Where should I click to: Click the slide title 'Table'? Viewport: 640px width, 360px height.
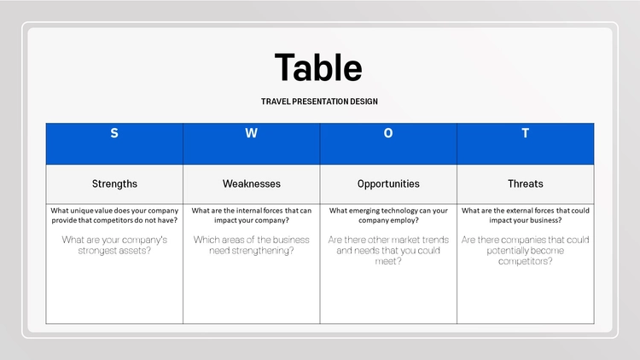click(318, 67)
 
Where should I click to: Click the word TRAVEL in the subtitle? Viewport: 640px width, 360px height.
click(276, 102)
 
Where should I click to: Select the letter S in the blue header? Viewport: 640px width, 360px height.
click(114, 133)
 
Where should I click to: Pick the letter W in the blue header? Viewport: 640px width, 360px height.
click(252, 133)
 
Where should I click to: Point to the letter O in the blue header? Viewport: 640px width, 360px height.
click(388, 133)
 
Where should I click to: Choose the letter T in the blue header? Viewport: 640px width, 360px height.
click(526, 133)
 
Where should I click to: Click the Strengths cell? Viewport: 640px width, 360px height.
click(114, 183)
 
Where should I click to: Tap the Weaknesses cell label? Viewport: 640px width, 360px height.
click(252, 183)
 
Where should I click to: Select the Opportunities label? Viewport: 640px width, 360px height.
click(388, 184)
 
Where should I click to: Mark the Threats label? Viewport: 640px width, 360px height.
click(526, 183)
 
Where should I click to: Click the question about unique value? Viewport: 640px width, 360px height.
click(114, 215)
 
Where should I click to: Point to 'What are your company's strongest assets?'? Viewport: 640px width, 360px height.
click(114, 245)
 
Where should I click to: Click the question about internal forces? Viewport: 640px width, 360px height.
click(252, 215)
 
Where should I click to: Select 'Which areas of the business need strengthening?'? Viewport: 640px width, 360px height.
click(252, 245)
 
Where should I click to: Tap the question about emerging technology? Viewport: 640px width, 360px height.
click(388, 215)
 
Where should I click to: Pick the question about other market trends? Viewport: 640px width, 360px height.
click(388, 250)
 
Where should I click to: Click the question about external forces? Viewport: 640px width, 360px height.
click(526, 215)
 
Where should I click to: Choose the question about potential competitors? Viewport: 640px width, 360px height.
click(526, 250)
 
